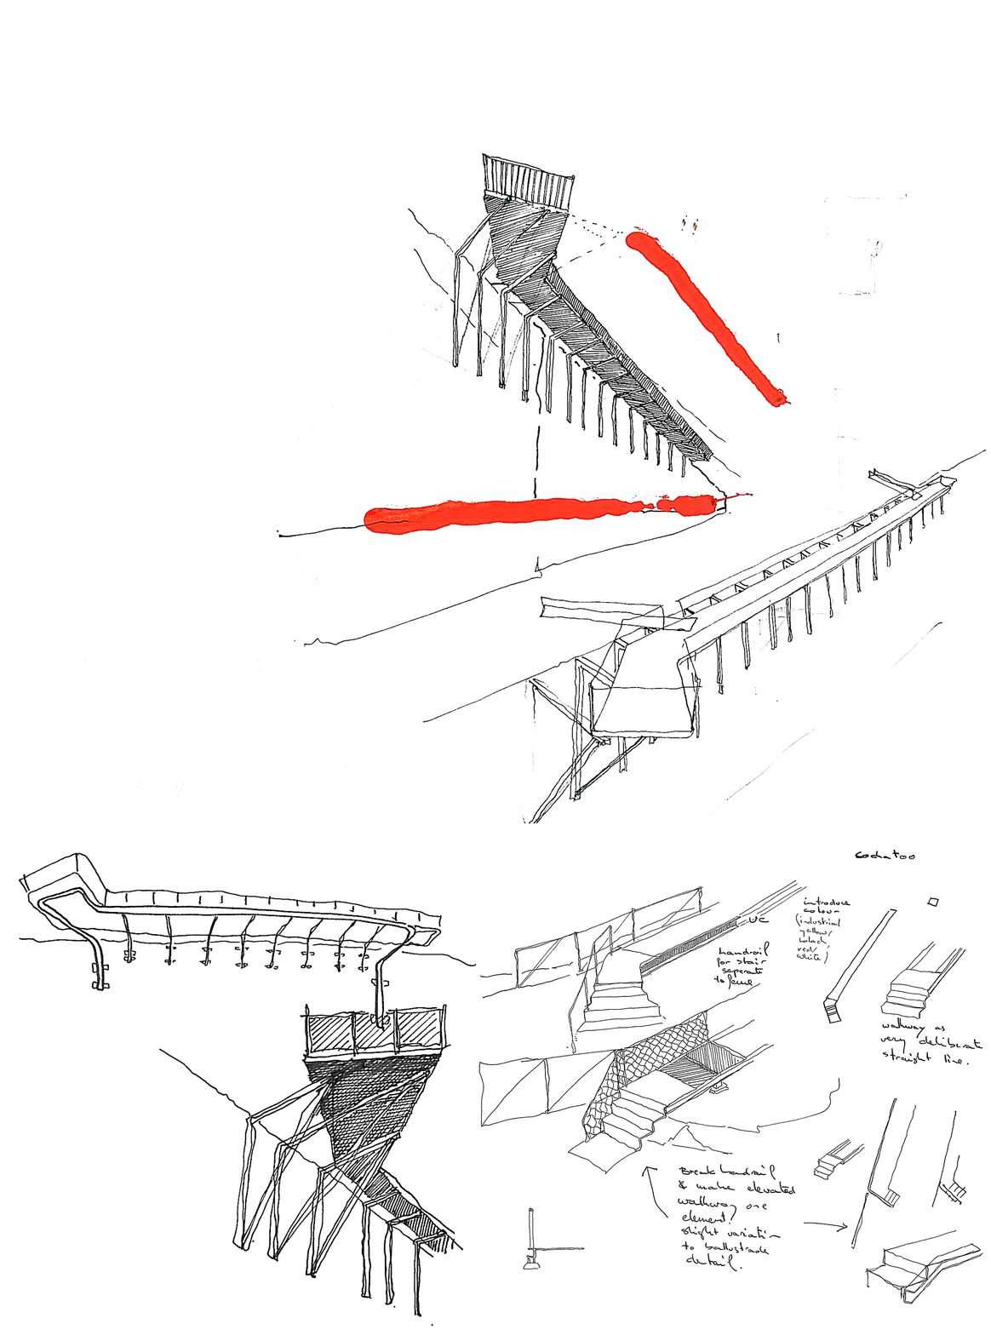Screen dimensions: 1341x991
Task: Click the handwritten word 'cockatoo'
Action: pyautogui.click(x=886, y=855)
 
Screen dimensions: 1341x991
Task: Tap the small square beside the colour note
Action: pyautogui.click(x=934, y=901)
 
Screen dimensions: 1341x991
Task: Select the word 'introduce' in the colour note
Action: pyautogui.click(x=827, y=902)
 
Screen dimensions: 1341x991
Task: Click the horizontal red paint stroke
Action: pyautogui.click(x=536, y=513)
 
